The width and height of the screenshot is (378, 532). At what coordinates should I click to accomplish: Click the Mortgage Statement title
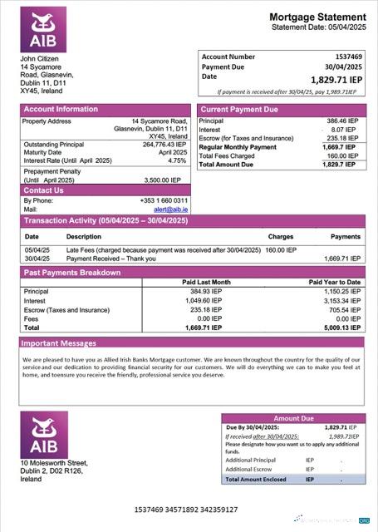point(317,17)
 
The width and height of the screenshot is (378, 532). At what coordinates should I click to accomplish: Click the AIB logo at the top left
point(42,31)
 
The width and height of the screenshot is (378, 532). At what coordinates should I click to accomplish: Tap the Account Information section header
point(61,109)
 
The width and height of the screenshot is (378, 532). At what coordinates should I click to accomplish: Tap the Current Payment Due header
point(239,109)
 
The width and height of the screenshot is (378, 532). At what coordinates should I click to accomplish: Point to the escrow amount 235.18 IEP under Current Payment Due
point(341,138)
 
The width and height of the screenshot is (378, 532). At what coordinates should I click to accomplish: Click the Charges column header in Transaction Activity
point(281,237)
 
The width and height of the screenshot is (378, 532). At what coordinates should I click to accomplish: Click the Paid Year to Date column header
point(335,282)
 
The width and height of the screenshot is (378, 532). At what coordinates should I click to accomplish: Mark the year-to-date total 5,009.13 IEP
point(341,328)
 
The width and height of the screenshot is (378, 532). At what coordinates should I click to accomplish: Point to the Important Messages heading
point(59,342)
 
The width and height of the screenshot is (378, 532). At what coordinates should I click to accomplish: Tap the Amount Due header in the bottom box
point(292,418)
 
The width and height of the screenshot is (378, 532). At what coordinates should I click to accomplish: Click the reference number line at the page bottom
point(185,509)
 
